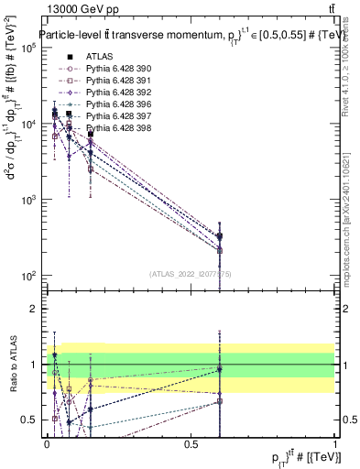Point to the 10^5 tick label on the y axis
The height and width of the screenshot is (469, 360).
click(x=28, y=49)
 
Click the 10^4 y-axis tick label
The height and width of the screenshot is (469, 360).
click(x=28, y=125)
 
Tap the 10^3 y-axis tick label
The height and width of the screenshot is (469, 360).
click(x=28, y=200)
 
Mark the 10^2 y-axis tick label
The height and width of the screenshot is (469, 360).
click(x=28, y=276)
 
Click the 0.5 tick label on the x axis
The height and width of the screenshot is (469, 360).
click(x=191, y=444)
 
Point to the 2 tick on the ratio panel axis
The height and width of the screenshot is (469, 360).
click(x=35, y=309)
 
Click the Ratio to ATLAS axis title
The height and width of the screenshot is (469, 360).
click(x=11, y=365)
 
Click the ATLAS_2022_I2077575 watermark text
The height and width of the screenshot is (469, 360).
click(x=191, y=273)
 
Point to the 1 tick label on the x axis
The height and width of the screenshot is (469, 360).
click(x=334, y=444)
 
